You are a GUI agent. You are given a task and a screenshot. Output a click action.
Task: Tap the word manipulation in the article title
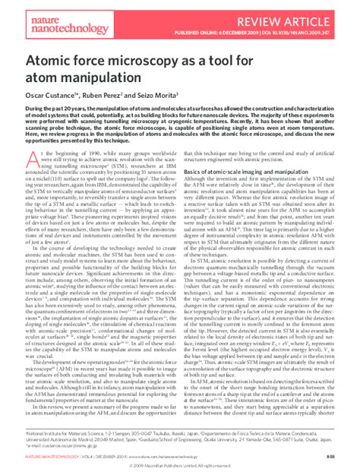point(119,79)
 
